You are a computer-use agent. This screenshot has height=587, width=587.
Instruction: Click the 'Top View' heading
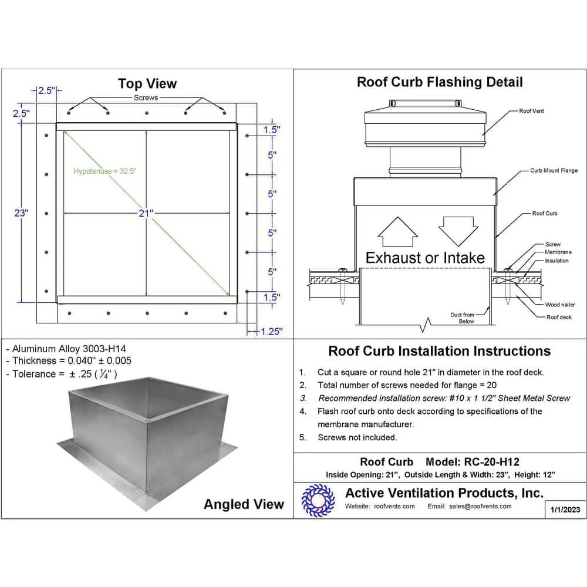pos(147,83)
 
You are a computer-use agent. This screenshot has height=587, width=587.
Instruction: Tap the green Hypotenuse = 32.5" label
pos(106,171)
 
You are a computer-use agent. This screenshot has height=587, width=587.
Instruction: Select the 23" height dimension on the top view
pos(21,214)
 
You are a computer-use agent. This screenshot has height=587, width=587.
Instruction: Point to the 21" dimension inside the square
pos(146,214)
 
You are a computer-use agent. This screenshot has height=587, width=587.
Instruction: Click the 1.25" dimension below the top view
pos(271,332)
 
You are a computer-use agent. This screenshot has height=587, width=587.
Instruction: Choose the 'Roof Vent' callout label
pos(531,111)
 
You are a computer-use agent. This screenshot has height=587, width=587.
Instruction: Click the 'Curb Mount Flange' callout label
pos(554,171)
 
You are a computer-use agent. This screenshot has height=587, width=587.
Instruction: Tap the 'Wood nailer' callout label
pos(560,305)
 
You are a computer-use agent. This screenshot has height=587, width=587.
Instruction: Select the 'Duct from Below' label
pos(462,318)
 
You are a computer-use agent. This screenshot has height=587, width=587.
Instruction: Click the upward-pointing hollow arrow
pos(397,232)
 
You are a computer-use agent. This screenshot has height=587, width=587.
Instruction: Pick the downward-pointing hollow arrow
pos(456,230)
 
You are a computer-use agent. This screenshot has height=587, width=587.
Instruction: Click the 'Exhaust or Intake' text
pos(425,258)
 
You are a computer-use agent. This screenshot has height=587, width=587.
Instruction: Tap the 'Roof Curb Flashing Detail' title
pos(440,82)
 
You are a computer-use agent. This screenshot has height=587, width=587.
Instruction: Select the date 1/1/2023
pos(565,510)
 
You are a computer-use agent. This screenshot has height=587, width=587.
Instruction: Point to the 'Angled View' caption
pos(244,504)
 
